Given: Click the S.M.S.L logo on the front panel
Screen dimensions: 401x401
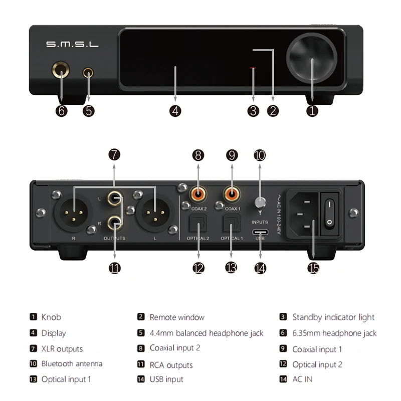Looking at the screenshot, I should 72,44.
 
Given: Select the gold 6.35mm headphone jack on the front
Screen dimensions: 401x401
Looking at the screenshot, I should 61,74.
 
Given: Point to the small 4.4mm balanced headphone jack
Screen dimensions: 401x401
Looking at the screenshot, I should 89,74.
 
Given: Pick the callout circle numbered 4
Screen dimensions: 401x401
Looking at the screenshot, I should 175,111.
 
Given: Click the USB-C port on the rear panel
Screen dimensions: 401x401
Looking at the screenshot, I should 260,233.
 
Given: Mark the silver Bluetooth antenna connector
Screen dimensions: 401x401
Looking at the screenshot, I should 260,203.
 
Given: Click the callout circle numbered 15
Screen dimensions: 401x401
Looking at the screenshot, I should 313,268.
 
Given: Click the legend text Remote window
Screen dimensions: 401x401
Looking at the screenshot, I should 177,317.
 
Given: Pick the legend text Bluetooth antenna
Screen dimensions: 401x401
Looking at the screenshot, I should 72,363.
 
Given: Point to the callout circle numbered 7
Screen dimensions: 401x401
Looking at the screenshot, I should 115,155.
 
